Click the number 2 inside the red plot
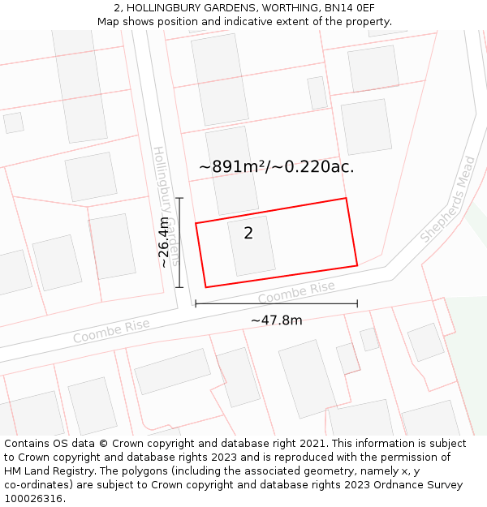248,234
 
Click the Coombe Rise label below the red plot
296,292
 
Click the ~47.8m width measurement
276,320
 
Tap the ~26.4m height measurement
164,242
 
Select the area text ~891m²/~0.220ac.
276,166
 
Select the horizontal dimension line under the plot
276,304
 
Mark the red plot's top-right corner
346,198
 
